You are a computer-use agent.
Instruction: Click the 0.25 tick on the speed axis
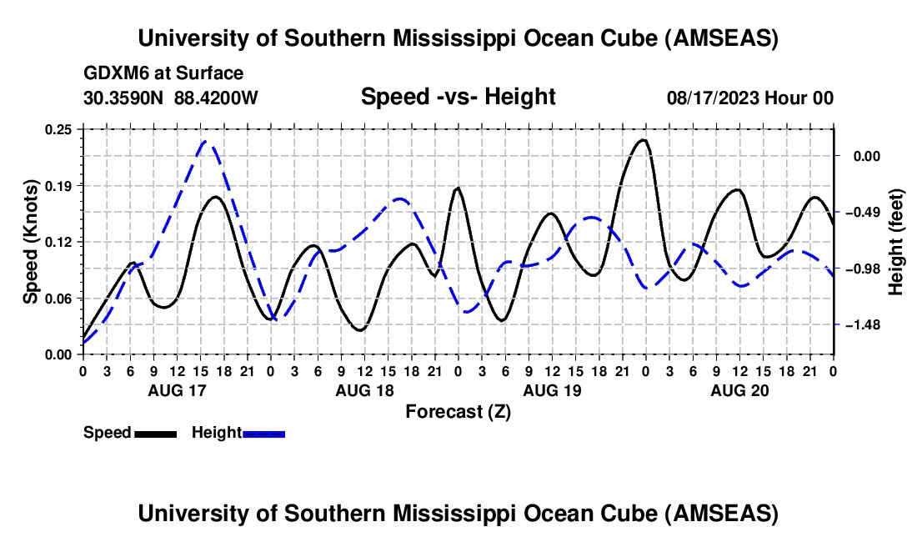point(61,129)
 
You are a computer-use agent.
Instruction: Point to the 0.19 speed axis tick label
point(61,185)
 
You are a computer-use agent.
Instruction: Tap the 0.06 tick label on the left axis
point(61,299)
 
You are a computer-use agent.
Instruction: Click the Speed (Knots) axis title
point(30,242)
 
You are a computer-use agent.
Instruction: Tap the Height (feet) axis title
point(896,242)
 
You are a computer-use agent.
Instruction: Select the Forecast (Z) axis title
point(458,411)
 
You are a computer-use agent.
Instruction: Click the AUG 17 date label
point(177,390)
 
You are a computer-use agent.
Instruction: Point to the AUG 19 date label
point(551,390)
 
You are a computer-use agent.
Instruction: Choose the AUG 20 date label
point(739,390)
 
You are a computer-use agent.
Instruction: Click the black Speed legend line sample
point(155,433)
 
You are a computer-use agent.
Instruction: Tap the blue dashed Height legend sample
point(264,433)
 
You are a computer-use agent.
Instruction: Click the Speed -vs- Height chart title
point(458,98)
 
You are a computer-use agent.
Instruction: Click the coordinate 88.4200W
point(217,98)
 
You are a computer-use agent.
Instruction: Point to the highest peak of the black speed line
point(642,140)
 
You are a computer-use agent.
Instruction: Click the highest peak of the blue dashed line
point(208,143)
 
